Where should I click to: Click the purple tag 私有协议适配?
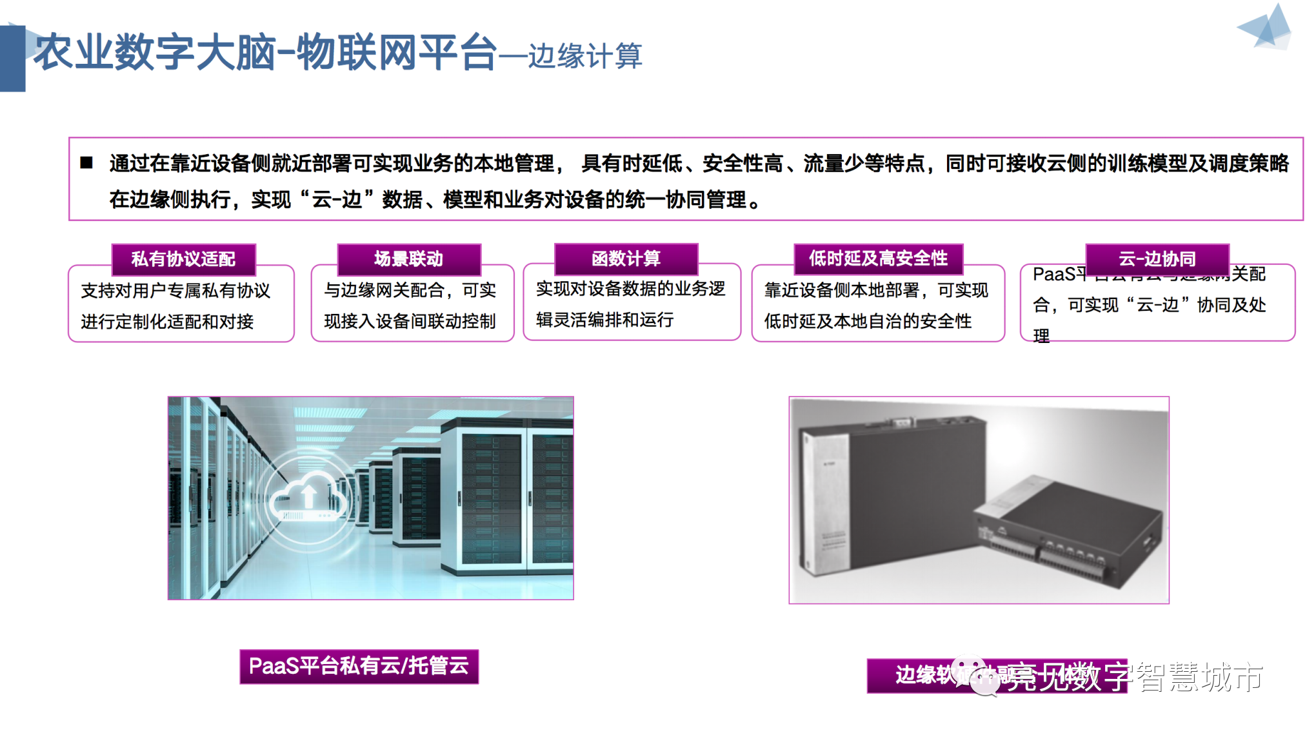[x=183, y=259]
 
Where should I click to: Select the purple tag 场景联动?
[x=408, y=259]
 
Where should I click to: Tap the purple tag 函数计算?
[x=626, y=259]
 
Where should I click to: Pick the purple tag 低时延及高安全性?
[x=878, y=259]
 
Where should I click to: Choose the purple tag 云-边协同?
[x=1157, y=259]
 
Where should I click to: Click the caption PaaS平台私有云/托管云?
[x=359, y=666]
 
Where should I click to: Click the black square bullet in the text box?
[x=86, y=162]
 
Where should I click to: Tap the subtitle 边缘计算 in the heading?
[x=584, y=56]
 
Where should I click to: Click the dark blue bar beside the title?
[x=12, y=58]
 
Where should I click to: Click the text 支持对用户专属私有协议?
[x=175, y=291]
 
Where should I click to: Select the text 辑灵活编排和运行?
[x=604, y=320]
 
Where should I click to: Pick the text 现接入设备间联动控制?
[x=410, y=321]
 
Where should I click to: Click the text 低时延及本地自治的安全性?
[x=868, y=321]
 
